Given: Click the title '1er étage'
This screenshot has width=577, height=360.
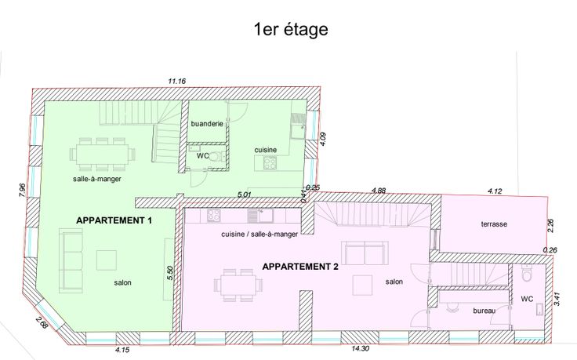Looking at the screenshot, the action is pyautogui.click(x=291, y=30).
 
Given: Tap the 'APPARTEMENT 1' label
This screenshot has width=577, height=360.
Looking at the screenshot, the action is pyautogui.click(x=114, y=220).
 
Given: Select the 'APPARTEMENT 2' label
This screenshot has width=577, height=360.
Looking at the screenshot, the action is pyautogui.click(x=300, y=267).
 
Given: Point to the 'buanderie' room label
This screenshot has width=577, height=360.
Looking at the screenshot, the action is pyautogui.click(x=207, y=124).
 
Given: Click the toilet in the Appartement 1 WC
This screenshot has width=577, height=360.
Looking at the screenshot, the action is pyautogui.click(x=216, y=156).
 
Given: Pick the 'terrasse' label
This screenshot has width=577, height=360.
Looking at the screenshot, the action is pyautogui.click(x=494, y=224).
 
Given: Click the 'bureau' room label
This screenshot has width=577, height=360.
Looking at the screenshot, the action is pyautogui.click(x=484, y=311).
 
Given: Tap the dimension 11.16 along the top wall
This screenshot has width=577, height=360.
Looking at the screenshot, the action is pyautogui.click(x=177, y=81).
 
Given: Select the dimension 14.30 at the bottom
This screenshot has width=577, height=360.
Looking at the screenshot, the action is pyautogui.click(x=360, y=348).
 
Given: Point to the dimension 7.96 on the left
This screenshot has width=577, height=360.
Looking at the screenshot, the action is pyautogui.click(x=22, y=190).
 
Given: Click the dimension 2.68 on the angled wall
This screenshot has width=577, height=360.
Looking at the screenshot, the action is pyautogui.click(x=42, y=322).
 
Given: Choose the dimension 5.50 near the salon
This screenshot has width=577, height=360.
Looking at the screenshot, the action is pyautogui.click(x=169, y=273).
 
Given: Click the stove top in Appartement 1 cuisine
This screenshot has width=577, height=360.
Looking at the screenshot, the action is pyautogui.click(x=270, y=163).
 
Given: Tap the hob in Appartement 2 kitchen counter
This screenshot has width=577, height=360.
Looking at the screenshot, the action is pyautogui.click(x=213, y=216).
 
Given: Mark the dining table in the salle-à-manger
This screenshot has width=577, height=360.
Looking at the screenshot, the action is pyautogui.click(x=102, y=154).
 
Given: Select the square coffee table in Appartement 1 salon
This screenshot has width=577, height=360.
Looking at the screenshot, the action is pyautogui.click(x=107, y=260).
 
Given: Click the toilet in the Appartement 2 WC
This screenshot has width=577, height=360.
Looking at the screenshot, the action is pyautogui.click(x=528, y=274).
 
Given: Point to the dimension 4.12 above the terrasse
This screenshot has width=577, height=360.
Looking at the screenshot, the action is pyautogui.click(x=495, y=191).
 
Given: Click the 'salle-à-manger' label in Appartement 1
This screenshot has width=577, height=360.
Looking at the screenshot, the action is pyautogui.click(x=97, y=180).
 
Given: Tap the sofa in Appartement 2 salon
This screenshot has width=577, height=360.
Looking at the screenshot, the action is pyautogui.click(x=365, y=253).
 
